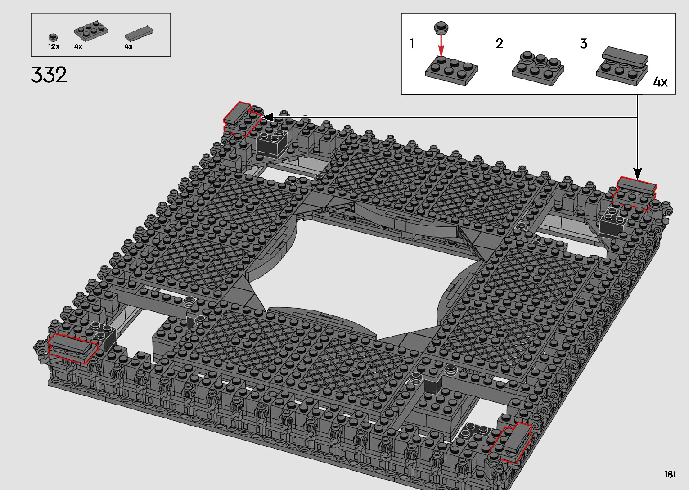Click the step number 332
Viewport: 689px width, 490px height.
(49, 75)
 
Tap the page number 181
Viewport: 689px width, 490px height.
(670, 474)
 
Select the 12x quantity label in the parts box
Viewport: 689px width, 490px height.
(54, 46)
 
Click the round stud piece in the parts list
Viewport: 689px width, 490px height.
(54, 37)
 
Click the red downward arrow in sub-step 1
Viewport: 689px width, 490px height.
(441, 46)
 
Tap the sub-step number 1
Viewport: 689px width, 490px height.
(411, 43)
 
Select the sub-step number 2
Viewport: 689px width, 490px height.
(499, 43)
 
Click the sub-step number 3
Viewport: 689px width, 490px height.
(584, 43)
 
